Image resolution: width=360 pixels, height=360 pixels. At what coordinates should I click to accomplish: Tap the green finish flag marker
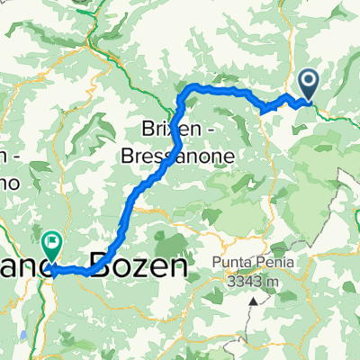pos(50,241)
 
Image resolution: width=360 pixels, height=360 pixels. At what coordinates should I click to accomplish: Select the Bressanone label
pos(178,156)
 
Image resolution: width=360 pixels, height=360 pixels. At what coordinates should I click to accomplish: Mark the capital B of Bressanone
pos(129,156)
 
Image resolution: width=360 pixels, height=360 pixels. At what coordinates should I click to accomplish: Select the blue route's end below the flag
pos(50,267)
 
